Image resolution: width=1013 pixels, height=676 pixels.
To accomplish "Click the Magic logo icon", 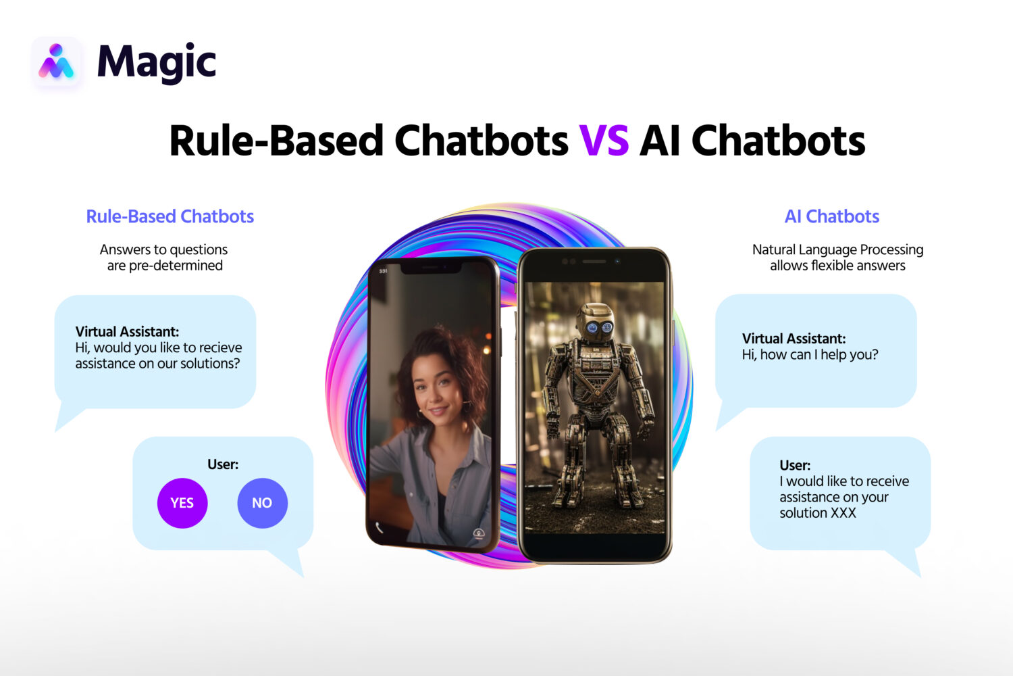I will (56, 62).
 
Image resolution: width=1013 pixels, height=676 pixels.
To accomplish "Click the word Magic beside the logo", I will (156, 63).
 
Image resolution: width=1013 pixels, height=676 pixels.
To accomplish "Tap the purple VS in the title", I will (604, 141).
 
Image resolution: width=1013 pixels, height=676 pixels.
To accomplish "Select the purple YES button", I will (182, 503).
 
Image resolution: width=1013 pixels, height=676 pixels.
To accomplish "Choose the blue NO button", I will (262, 503).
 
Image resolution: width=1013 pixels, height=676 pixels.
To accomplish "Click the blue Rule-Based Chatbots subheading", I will (170, 216).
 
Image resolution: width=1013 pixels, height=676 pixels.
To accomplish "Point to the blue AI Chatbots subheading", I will (831, 216).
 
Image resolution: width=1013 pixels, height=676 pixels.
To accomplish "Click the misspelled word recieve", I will (220, 347).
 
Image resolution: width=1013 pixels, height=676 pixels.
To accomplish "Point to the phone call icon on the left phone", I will (380, 527).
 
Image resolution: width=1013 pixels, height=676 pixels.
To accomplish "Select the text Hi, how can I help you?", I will (810, 354).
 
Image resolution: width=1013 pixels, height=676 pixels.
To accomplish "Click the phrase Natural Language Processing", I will (837, 249).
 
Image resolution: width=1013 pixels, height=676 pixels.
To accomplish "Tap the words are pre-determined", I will (165, 266).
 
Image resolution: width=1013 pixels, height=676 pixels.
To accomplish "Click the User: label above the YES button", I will (223, 464).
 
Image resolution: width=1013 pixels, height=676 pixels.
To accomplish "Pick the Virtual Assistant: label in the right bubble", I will (794, 339).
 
